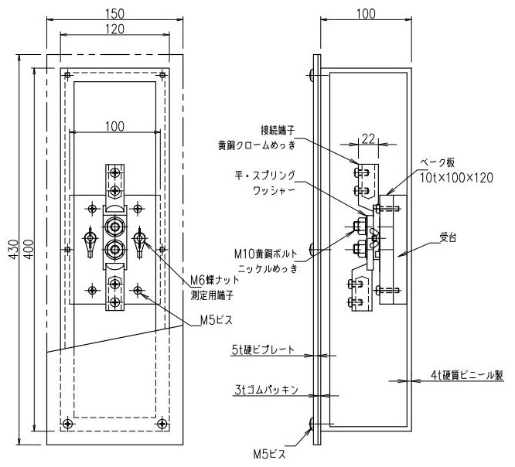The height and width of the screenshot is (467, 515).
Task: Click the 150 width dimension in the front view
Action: pos(115,13)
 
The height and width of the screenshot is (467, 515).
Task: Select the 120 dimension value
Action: pos(115,29)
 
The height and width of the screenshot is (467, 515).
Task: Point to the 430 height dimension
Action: pos(13,249)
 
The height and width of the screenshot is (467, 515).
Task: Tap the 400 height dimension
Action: pos(29,249)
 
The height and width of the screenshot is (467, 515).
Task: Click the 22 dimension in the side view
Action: pos(368,139)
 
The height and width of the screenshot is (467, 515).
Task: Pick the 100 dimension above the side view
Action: pos(366,13)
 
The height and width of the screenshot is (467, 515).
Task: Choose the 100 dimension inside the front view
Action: pos(115,127)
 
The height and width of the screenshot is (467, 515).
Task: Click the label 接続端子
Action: pos(278,131)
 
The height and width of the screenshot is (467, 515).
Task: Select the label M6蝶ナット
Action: pos(215,280)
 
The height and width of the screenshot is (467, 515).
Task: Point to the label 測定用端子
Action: pos(212,295)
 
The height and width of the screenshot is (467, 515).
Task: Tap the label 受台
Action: pos(448,237)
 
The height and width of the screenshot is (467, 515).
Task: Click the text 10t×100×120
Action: pos(457,178)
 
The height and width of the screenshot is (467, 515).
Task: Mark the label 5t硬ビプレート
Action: pos(263,349)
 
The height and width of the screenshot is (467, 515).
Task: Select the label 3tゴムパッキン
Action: pos(266,390)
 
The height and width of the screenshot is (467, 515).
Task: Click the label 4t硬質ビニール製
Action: pos(467,375)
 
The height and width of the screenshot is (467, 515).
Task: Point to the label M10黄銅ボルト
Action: pos(266,254)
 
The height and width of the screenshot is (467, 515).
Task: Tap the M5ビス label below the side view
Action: pos(269,455)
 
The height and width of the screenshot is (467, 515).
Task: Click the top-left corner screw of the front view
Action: pos(67,75)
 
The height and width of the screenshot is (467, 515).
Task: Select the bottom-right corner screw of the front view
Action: pos(162,424)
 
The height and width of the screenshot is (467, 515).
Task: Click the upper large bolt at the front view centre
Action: pos(115,227)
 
